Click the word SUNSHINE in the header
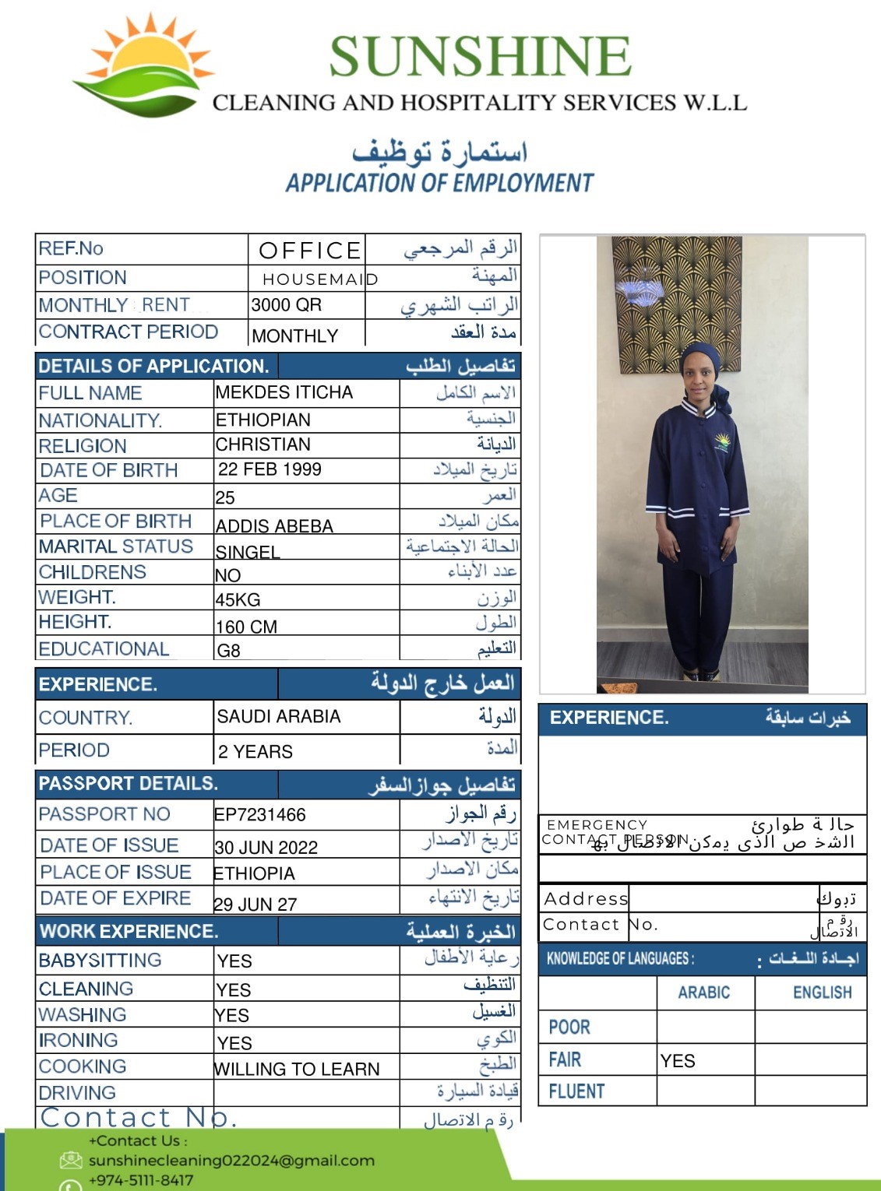[x=479, y=57]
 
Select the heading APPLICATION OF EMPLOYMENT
[x=439, y=183]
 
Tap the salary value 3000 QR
[x=286, y=305]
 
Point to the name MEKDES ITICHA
[x=284, y=392]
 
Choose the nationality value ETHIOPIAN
[x=263, y=420]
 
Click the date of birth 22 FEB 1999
[x=270, y=469]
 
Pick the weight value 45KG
[x=238, y=600]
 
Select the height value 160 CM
[x=246, y=627]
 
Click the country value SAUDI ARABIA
[x=278, y=717]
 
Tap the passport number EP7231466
[x=260, y=815]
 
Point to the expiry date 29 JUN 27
[x=255, y=905]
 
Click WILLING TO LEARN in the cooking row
[x=297, y=1070]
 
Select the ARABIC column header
[x=703, y=992]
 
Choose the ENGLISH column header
[x=822, y=992]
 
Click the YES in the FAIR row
[x=678, y=1061]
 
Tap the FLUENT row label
[x=576, y=1091]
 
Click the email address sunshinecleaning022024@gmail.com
[x=231, y=1161]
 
